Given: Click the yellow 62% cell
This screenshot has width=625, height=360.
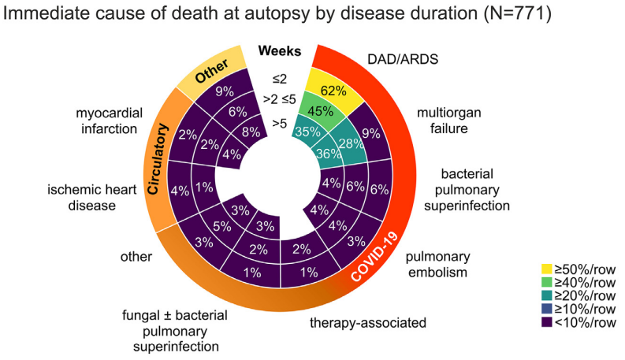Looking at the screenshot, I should click(x=334, y=90).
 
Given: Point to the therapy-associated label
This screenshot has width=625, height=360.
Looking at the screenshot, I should click(x=367, y=322).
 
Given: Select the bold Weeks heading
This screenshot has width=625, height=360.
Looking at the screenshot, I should click(x=280, y=52).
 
